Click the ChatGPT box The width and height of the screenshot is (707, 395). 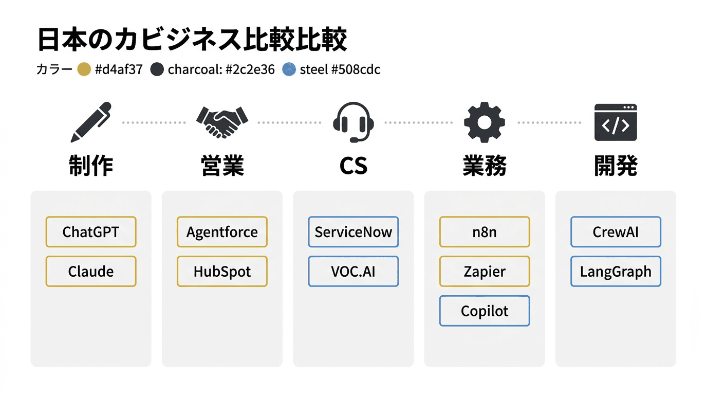[x=91, y=232]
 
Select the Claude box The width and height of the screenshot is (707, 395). [x=91, y=271]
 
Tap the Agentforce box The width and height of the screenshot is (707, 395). [x=222, y=232]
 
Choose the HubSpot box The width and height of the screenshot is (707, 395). [x=222, y=271]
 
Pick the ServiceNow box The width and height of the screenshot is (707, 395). [x=353, y=232]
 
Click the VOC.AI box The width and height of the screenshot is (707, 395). [x=353, y=271]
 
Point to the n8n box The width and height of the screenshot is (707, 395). [x=485, y=232]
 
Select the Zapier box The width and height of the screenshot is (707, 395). [x=485, y=271]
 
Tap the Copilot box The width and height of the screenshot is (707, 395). [x=485, y=311]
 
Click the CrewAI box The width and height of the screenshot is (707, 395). [x=616, y=232]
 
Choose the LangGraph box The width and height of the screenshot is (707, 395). [x=616, y=271]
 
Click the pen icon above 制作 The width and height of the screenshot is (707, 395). [x=91, y=122]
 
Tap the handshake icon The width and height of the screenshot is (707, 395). [x=222, y=122]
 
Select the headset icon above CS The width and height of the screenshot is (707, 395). [x=353, y=122]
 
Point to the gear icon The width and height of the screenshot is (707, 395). [x=485, y=122]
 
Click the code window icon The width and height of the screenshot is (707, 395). [x=616, y=122]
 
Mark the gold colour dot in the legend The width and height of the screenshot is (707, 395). [x=84, y=69]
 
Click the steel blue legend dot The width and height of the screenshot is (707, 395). [x=290, y=69]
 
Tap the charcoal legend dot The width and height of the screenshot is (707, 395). [x=157, y=69]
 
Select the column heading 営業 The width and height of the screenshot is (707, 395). [x=222, y=166]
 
